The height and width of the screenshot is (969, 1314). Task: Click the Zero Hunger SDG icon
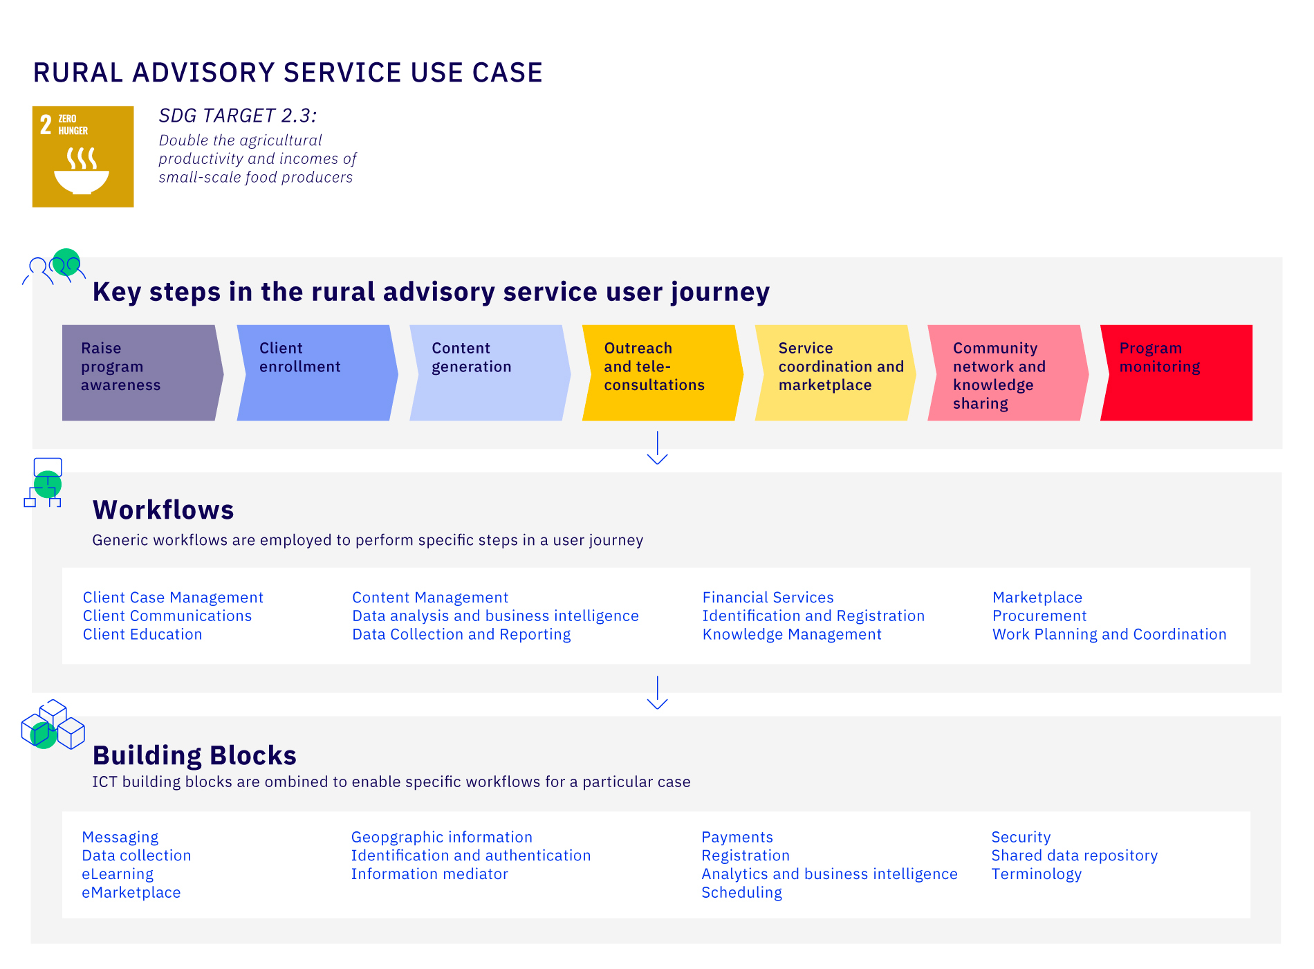pyautogui.click(x=83, y=156)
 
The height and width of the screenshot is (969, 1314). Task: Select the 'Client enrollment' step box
pyautogui.click(x=317, y=373)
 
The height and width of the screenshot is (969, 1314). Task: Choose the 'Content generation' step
pyautogui.click(x=489, y=373)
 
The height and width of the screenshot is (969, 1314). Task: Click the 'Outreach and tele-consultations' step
pyautogui.click(x=661, y=373)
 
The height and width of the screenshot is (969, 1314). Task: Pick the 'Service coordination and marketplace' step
pyautogui.click(x=835, y=373)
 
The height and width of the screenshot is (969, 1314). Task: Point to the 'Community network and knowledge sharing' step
pyautogui.click(x=1007, y=373)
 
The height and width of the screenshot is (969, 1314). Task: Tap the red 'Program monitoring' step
pyautogui.click(x=1176, y=373)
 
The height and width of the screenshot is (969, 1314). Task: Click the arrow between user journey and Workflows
pyautogui.click(x=657, y=448)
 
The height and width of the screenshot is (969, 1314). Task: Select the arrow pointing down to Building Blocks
pyautogui.click(x=657, y=692)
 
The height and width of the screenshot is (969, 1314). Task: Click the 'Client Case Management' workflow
pyautogui.click(x=173, y=598)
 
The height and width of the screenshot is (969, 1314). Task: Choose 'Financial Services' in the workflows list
pyautogui.click(x=768, y=598)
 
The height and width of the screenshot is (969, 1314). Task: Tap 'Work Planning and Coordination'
pyautogui.click(x=1109, y=634)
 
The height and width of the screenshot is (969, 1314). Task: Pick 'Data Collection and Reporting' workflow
pyautogui.click(x=461, y=634)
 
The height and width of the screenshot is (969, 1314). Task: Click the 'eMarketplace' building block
pyautogui.click(x=131, y=892)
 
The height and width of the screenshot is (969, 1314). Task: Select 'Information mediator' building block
pyautogui.click(x=429, y=874)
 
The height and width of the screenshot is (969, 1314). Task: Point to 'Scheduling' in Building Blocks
pyautogui.click(x=741, y=892)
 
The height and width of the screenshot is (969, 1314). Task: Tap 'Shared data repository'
pyautogui.click(x=1074, y=856)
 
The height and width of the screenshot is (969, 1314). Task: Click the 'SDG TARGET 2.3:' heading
pyautogui.click(x=237, y=116)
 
